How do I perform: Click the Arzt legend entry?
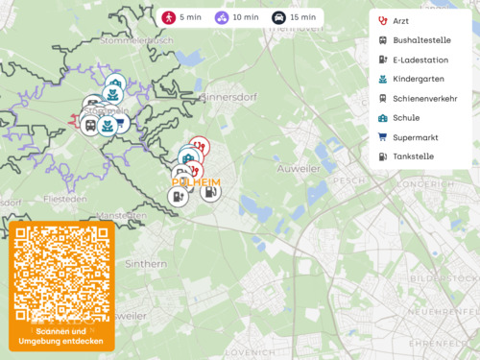pyautogui.click(x=400, y=20)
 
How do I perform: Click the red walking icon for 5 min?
pyautogui.click(x=169, y=17)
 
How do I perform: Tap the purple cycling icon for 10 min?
pyautogui.click(x=222, y=17)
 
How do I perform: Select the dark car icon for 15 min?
pyautogui.click(x=278, y=17)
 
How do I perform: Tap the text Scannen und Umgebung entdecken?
pyautogui.click(x=61, y=336)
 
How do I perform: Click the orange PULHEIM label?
pyautogui.click(x=196, y=181)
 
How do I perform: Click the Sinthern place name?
pyautogui.click(x=145, y=261)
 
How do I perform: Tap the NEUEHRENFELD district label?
pyautogui.click(x=442, y=311)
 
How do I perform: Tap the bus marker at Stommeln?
pyautogui.click(x=90, y=126)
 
